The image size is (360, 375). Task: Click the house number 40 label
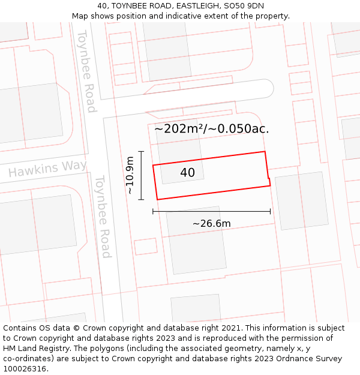187,173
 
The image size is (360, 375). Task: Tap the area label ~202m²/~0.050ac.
212,128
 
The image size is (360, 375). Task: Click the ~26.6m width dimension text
211,224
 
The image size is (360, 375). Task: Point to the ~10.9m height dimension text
130,175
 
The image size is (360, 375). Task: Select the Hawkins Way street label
47,169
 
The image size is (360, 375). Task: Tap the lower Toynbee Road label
103,216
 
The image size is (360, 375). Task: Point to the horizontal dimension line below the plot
211,211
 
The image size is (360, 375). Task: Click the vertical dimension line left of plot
141,175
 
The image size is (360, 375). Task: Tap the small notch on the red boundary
269,179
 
